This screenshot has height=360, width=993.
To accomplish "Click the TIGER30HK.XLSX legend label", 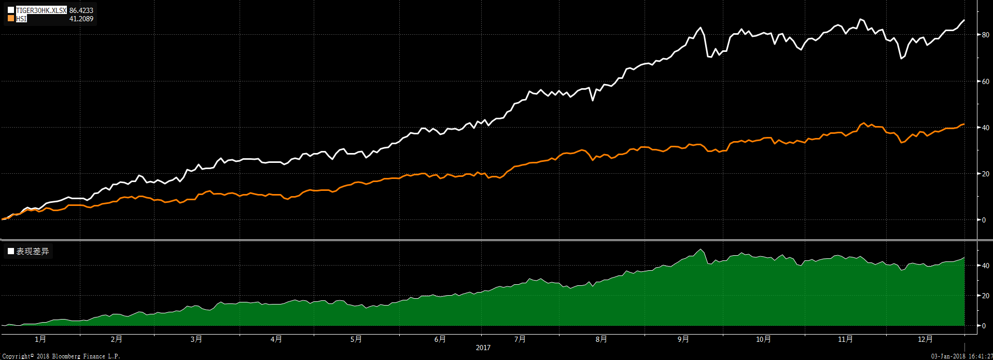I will (41, 10).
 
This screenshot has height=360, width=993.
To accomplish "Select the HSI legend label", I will (21, 19).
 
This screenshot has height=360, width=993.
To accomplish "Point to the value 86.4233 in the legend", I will (81, 10).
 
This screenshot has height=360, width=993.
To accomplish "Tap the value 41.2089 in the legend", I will (81, 19).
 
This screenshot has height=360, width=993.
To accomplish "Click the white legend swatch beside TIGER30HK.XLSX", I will (11, 10).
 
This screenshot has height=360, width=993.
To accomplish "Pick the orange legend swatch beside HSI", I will (11, 19).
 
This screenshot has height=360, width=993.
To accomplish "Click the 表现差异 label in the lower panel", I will (32, 252).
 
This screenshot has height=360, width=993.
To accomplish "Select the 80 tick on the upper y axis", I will (985, 35).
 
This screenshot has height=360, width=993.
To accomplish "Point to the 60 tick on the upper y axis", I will (985, 81).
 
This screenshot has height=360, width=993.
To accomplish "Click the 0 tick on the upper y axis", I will (984, 220).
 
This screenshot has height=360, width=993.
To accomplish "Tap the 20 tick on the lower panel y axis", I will (985, 296).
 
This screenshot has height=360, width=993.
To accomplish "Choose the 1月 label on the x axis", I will (40, 339).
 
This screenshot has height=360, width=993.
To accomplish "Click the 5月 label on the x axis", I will (356, 339).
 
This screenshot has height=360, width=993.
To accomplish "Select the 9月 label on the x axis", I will (683, 339).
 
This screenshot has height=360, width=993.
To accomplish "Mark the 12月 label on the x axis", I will (925, 339).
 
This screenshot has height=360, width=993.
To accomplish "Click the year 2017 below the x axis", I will (483, 348).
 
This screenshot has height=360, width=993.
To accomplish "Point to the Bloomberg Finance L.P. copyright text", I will (61, 356).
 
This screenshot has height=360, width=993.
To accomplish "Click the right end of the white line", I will (964, 20).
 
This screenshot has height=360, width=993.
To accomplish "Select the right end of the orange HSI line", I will (964, 124).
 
